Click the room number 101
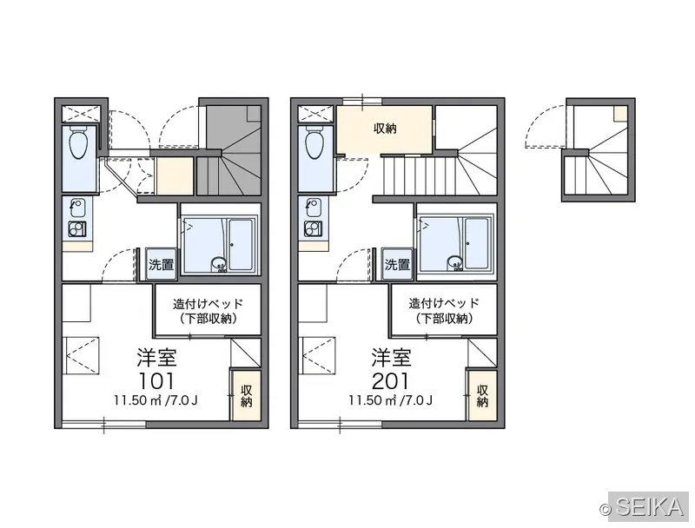[156, 380]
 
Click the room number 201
[392, 380]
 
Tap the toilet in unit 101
[79, 142]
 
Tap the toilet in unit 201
[315, 142]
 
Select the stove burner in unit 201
[313, 228]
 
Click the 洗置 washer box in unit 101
[162, 265]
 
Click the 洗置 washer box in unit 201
[397, 265]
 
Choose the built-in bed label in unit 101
[208, 311]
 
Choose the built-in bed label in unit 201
[444, 311]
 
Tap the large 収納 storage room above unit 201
[384, 129]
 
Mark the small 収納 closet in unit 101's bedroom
[246, 395]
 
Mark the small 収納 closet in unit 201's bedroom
[482, 395]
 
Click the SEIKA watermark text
[649, 508]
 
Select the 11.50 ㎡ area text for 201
[372, 400]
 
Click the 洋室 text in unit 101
[156, 358]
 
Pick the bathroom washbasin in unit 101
[219, 265]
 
